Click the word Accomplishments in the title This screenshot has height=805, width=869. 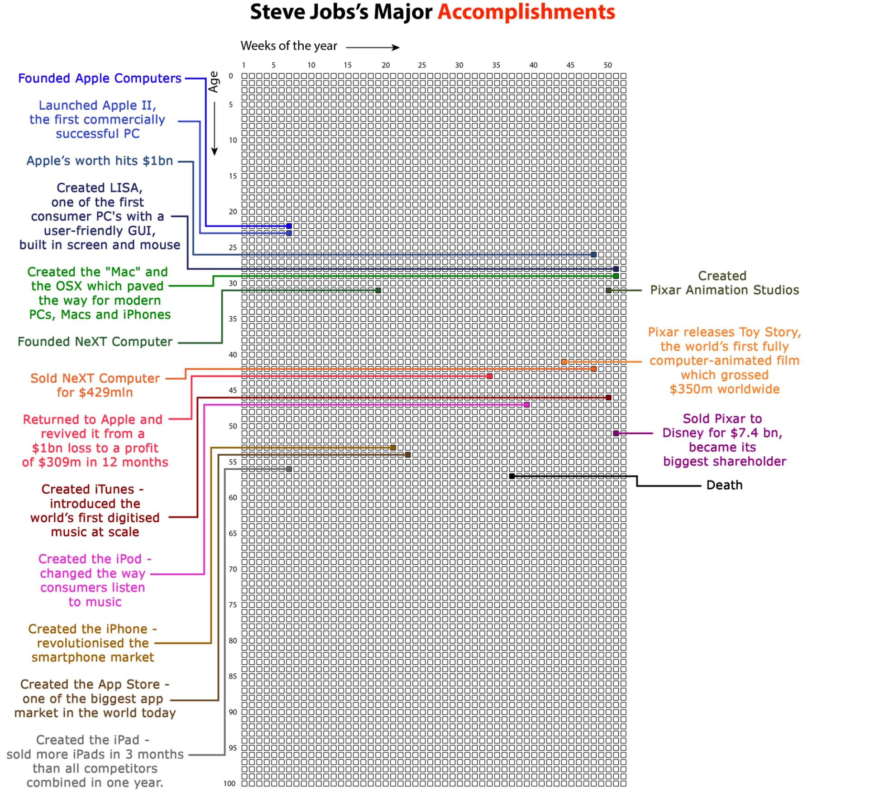526,12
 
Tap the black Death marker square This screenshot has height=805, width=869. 512,476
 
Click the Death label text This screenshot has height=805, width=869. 724,485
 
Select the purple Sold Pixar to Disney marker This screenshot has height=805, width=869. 616,433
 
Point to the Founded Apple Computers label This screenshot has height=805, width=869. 100,78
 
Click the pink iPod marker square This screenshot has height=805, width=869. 527,405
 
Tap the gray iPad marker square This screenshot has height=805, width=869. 289,469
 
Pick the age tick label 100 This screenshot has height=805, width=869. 229,783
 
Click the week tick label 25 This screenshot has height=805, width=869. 422,65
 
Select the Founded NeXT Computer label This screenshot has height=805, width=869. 95,342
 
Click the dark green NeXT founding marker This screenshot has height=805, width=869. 378,290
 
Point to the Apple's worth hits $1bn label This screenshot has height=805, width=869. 100,161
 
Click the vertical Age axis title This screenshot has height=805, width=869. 214,82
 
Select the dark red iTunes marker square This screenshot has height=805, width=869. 608,397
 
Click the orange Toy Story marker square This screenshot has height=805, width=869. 564,362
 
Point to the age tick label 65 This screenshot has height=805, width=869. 233,533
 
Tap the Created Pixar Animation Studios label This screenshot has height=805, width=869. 724,283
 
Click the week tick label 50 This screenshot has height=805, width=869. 608,65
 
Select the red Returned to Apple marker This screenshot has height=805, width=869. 490,376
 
